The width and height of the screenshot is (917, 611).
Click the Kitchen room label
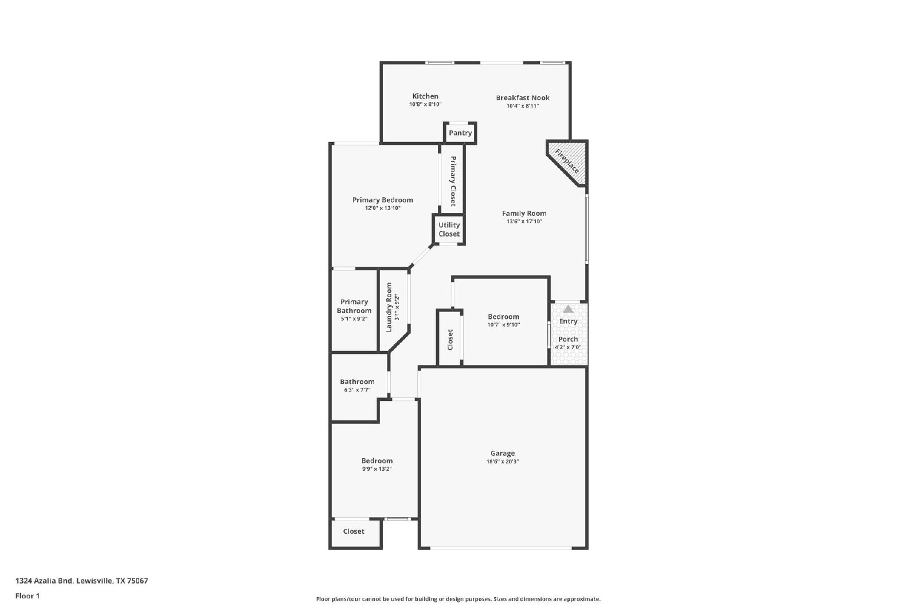425,96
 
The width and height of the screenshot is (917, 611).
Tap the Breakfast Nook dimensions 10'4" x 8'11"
522,106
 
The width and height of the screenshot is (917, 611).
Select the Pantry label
460,133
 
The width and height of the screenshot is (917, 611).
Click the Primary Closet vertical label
453,181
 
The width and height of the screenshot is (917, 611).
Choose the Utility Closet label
449,230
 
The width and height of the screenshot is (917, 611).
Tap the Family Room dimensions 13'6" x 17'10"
524,222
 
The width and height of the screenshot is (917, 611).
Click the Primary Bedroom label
382,200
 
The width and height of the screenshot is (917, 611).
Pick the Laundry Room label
389,307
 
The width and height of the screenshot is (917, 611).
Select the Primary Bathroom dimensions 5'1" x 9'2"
354,319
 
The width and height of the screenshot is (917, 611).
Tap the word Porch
568,340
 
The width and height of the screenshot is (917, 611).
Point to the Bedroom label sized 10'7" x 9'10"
504,317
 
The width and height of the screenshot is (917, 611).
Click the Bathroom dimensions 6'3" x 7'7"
358,390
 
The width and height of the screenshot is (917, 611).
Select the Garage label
503,453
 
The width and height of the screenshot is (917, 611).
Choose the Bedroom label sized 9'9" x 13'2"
377,461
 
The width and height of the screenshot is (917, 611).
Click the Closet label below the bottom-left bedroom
354,531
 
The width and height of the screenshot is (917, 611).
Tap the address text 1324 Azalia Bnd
44,581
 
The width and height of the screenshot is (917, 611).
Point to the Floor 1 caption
28,596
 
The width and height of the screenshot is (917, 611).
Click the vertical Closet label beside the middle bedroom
450,340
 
